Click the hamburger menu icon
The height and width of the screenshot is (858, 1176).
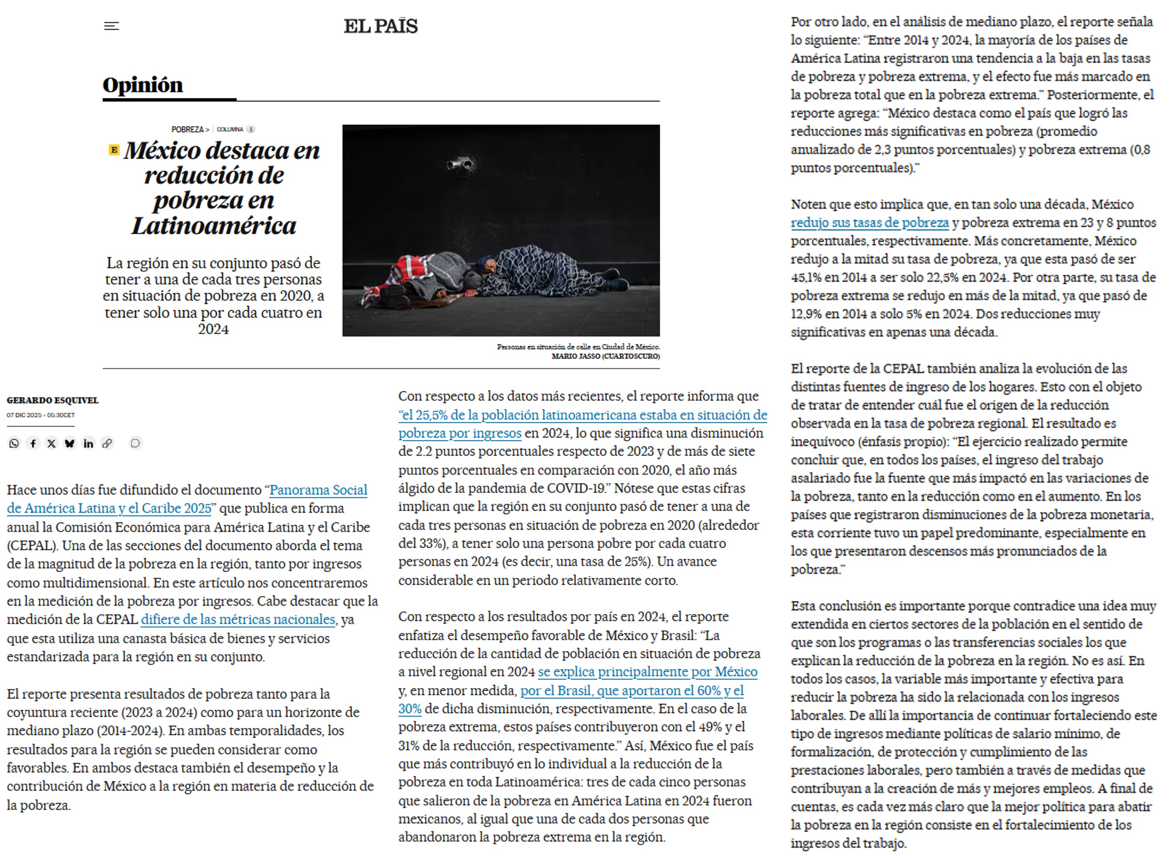112,26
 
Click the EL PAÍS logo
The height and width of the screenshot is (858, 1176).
381,26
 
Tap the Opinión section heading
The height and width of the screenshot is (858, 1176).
143,85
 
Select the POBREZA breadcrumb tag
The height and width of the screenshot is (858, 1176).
188,129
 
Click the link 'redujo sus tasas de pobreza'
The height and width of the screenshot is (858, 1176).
869,222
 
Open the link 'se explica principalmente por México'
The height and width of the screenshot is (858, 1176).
647,672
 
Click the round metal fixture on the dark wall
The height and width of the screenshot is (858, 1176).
461,164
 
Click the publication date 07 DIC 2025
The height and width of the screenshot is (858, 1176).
24,415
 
